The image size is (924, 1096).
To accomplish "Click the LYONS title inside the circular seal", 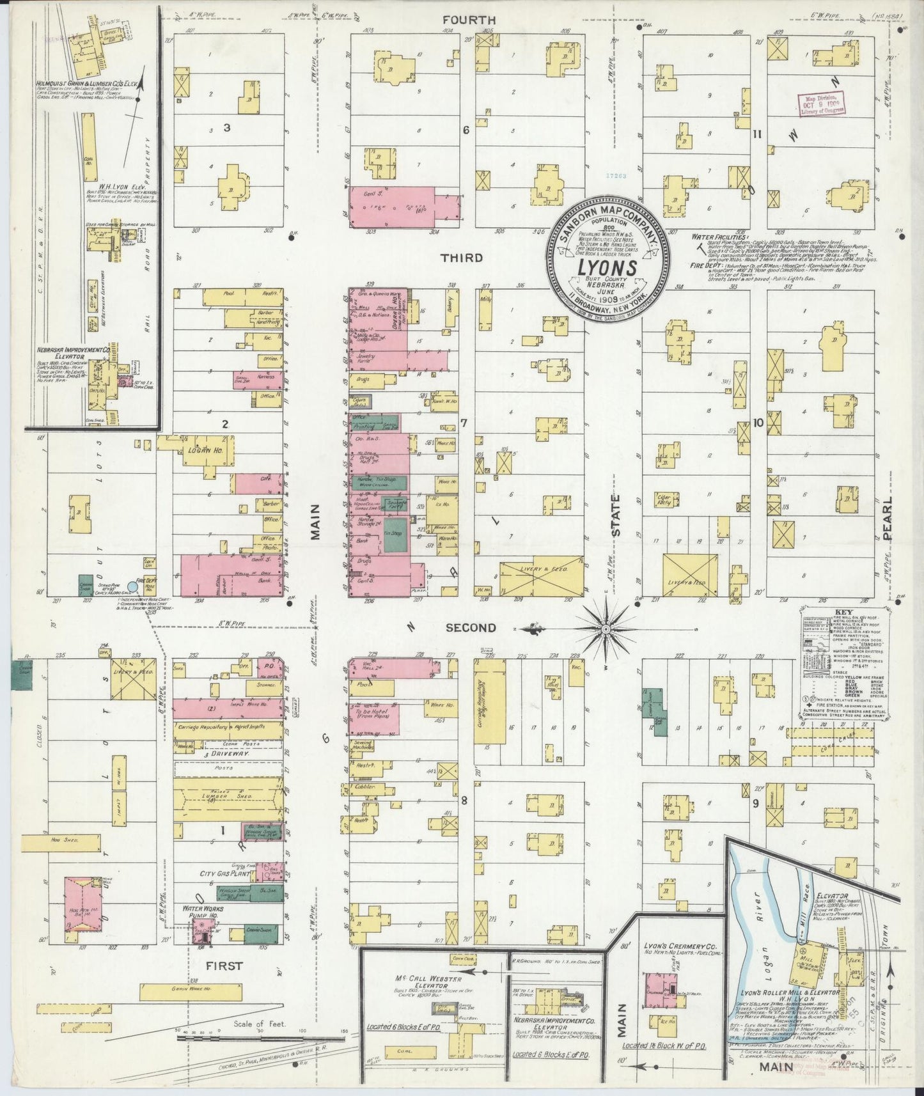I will click(607, 267).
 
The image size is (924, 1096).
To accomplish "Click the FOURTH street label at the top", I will click(461, 20).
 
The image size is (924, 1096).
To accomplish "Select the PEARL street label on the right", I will click(888, 518).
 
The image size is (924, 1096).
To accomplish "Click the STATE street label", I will click(616, 515).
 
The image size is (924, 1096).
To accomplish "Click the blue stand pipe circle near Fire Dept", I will click(133, 586).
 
